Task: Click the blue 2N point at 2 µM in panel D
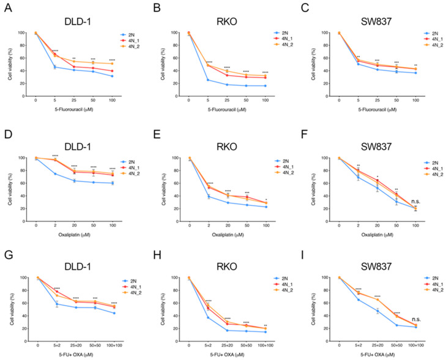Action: (x=56, y=174)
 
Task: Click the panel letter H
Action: (x=155, y=254)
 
